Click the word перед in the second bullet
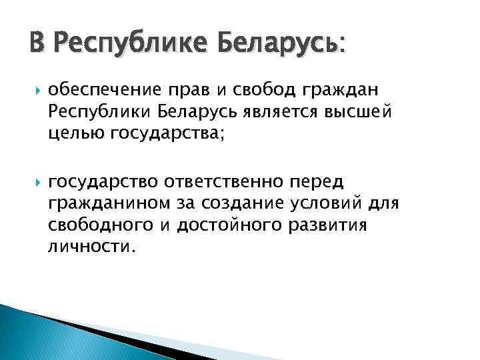[x=325, y=181]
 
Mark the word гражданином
[x=107, y=203]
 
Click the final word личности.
[x=91, y=247]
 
